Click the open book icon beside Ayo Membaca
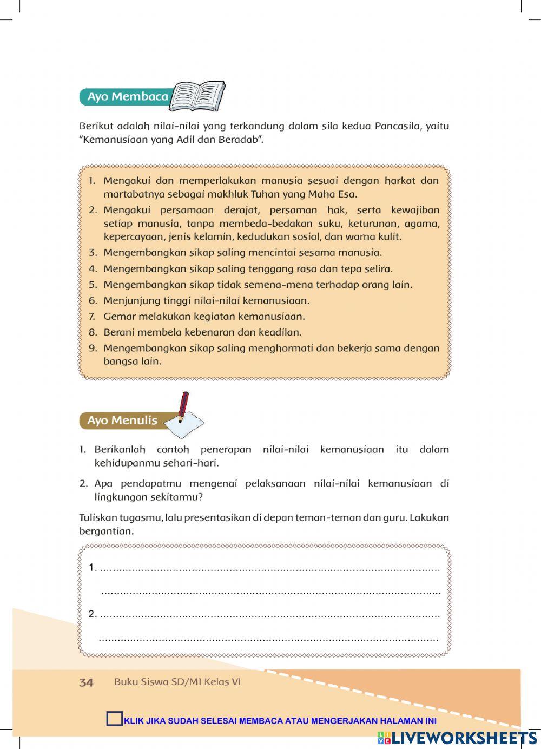pos(197,96)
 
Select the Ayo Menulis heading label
pos(122,421)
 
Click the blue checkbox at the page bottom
pos(115,719)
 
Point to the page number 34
pos(86,682)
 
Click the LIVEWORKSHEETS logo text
pos(464,738)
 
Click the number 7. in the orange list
pos(92,317)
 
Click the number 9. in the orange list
pos(93,349)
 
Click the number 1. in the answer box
pos(92,568)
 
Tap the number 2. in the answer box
pos(92,614)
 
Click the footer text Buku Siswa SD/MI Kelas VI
pos(177,682)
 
